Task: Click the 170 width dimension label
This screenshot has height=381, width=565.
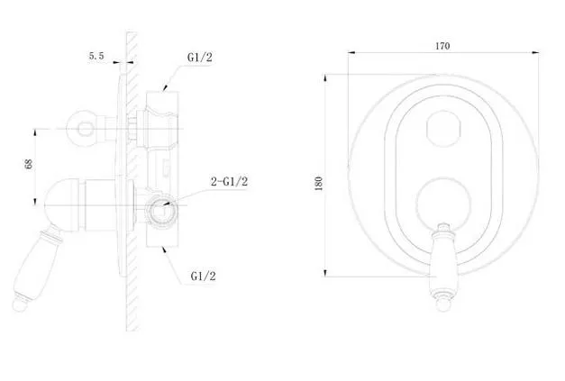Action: coord(442,46)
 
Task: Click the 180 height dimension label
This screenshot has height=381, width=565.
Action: coord(318,184)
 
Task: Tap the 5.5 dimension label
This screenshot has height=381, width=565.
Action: coord(96,56)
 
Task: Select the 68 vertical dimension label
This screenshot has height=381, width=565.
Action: coord(29,164)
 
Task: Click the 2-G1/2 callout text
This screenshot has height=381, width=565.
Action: coord(229,182)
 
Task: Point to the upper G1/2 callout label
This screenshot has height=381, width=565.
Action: coord(200,58)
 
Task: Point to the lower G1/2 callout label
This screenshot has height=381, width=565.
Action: coord(204,277)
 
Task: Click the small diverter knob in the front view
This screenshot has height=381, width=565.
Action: coord(443,129)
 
